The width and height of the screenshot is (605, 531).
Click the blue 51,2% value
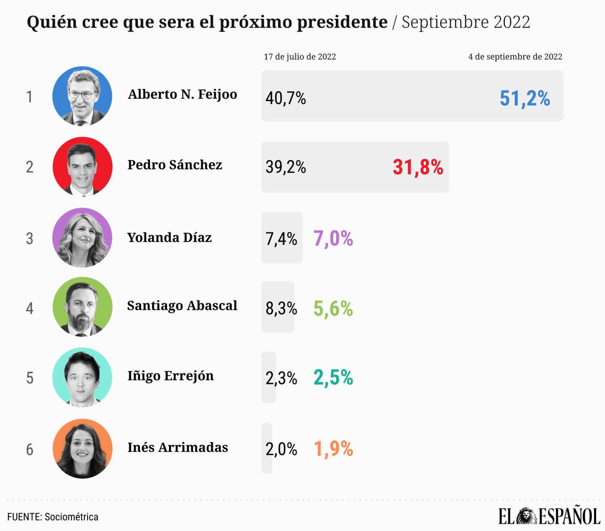[x=524, y=98]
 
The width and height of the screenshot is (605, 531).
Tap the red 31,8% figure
[x=418, y=167]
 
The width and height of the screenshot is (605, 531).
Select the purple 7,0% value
[x=333, y=238]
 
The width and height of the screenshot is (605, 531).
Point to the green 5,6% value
[x=333, y=308]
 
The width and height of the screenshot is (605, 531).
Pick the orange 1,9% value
[x=333, y=449]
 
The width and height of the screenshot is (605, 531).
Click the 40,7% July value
[x=285, y=98]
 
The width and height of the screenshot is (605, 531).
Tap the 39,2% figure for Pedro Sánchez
[x=285, y=167]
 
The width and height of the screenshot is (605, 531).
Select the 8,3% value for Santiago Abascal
[x=281, y=308]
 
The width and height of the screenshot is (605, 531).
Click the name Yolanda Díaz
[x=170, y=237]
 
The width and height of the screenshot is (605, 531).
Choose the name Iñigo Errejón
[x=171, y=376]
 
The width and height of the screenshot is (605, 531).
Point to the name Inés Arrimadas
[x=178, y=447]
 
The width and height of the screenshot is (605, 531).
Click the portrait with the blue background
[x=82, y=96]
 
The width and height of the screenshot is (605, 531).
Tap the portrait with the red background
[x=82, y=166]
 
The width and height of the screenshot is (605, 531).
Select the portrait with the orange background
[x=82, y=449]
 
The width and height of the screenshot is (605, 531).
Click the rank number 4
[x=30, y=308]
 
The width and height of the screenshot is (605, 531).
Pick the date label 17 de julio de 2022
[x=300, y=57]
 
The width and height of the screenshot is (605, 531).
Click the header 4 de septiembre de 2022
[x=515, y=57]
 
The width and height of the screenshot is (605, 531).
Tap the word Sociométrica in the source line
[x=71, y=517]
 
